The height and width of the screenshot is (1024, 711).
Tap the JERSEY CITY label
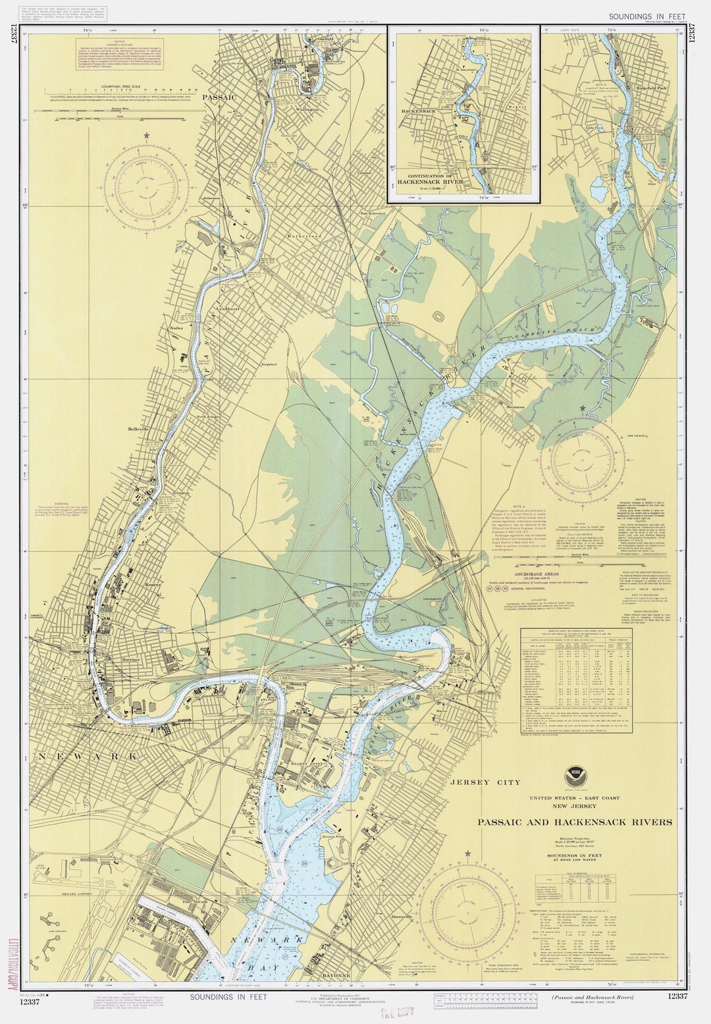coord(485,782)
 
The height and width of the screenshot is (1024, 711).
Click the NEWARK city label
coord(88,756)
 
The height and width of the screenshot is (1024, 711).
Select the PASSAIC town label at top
coord(219,97)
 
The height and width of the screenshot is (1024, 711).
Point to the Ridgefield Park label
coord(655,88)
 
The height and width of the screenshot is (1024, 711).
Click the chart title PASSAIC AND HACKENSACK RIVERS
coord(575,822)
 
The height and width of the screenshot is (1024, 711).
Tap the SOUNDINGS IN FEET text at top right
coord(648,16)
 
